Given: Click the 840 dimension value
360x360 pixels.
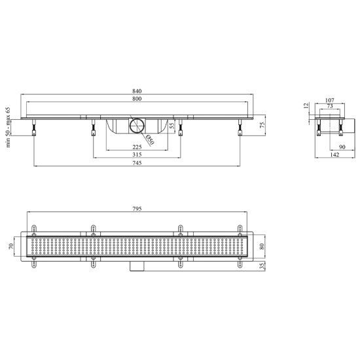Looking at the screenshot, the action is [137, 91].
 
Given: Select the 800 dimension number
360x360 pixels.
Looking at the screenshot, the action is [137, 99].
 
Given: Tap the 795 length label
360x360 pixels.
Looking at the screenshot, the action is [137, 209].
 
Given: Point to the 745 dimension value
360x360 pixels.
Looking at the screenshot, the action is [137, 163].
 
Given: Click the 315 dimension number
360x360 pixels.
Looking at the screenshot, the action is [137, 154].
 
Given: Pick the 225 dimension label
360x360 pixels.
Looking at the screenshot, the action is [137, 147].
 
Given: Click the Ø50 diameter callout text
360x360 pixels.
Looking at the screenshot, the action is [150, 140].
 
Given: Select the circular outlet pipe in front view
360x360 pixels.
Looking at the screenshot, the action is [137, 126].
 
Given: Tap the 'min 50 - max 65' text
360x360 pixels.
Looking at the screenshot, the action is [8, 127].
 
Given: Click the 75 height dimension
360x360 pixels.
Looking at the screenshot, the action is [262, 125].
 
